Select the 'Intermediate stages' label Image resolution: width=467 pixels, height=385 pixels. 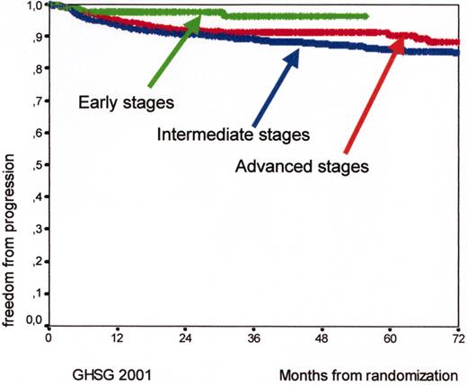[x=233, y=136]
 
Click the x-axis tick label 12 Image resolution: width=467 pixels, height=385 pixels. [x=117, y=340]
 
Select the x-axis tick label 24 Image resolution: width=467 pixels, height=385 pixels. [x=185, y=340]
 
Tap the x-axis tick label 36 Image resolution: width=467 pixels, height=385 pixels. [x=253, y=340]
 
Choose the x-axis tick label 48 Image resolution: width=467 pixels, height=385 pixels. [x=322, y=340]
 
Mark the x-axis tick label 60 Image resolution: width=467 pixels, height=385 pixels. [x=390, y=340]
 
